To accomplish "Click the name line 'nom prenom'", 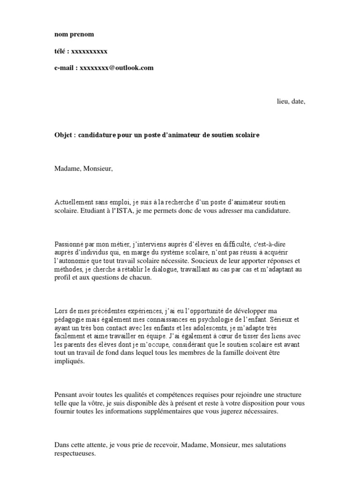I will coord(74,34).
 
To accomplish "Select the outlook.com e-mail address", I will coord(117,68).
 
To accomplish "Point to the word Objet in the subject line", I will coord(63,135).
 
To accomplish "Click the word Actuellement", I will coord(75,202).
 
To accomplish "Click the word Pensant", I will coord(66,395).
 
